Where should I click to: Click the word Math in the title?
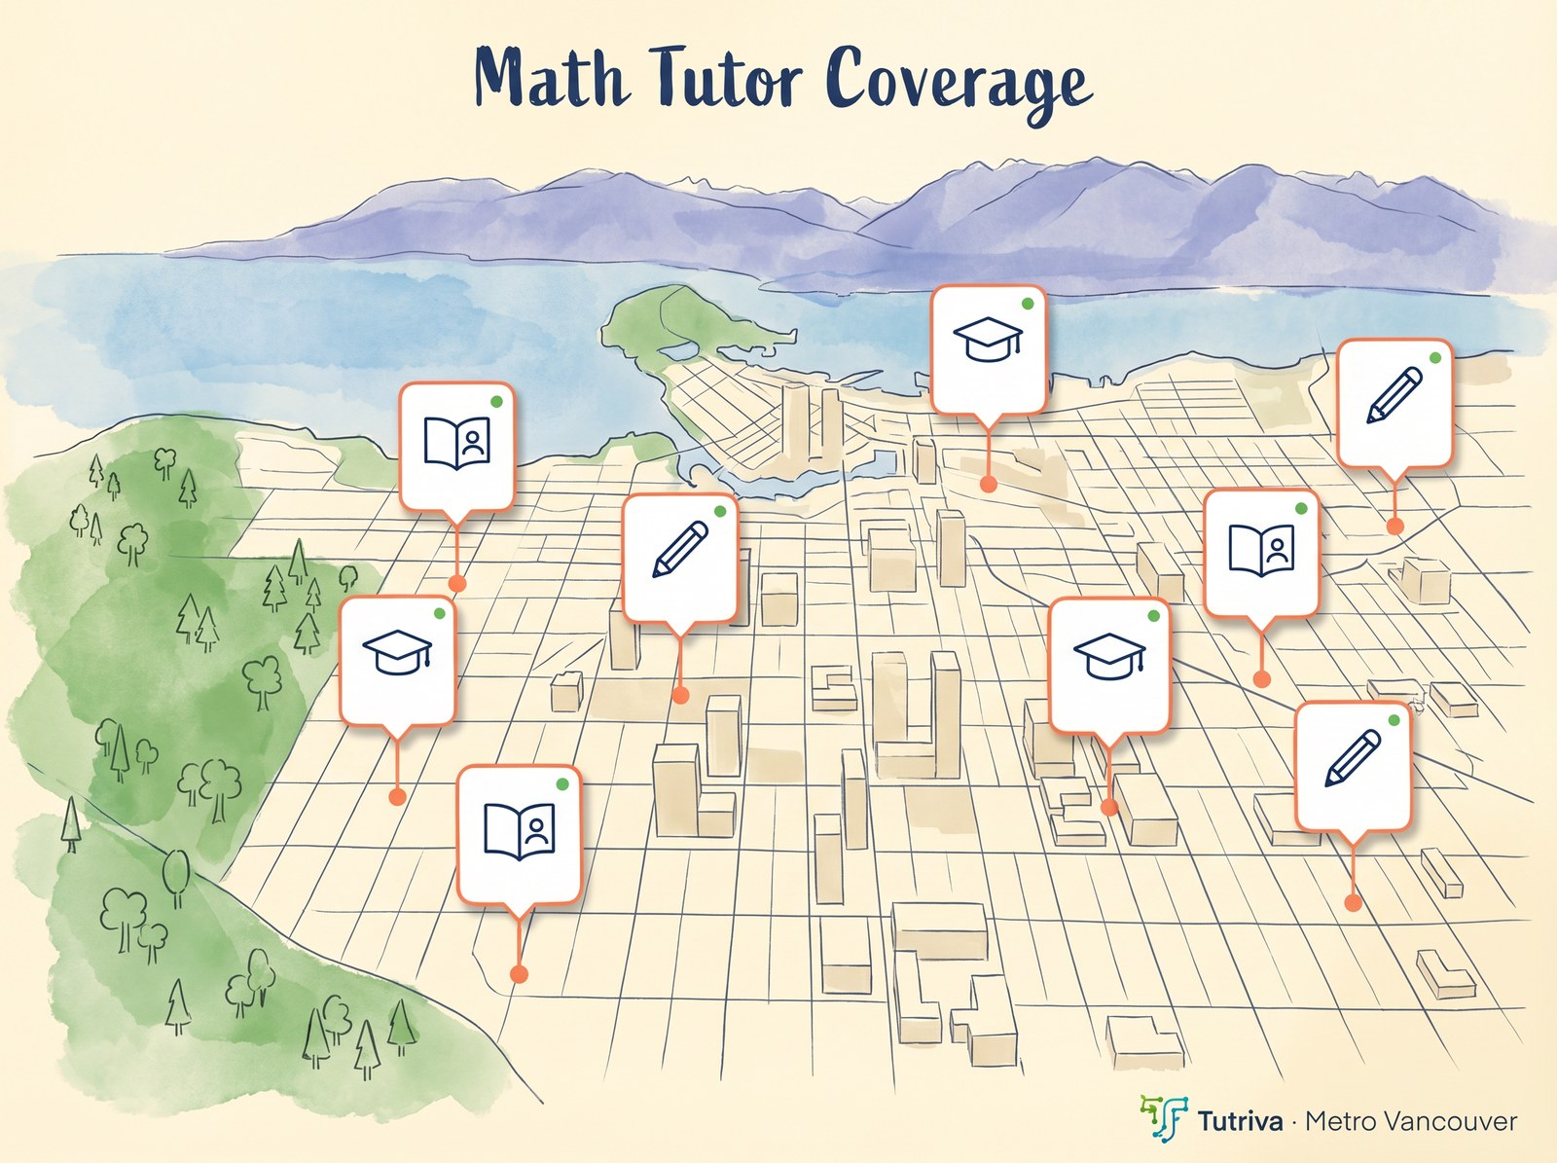[x=550, y=78]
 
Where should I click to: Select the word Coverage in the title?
[x=959, y=82]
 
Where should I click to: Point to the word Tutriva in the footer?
[x=1240, y=1121]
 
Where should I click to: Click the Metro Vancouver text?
[x=1411, y=1121]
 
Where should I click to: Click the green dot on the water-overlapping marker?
[x=1027, y=304]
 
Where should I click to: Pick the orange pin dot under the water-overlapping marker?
[x=988, y=484]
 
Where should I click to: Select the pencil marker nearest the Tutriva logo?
[x=1353, y=764]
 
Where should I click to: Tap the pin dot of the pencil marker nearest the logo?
[x=1353, y=903]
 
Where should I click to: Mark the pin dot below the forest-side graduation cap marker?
[x=397, y=796]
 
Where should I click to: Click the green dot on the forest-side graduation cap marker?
[x=439, y=613]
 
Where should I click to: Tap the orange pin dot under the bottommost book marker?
[x=519, y=973]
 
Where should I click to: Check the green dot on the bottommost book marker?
[x=562, y=783]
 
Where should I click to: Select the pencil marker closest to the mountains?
[x=1394, y=401]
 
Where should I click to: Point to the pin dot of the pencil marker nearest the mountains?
[x=1394, y=526]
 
